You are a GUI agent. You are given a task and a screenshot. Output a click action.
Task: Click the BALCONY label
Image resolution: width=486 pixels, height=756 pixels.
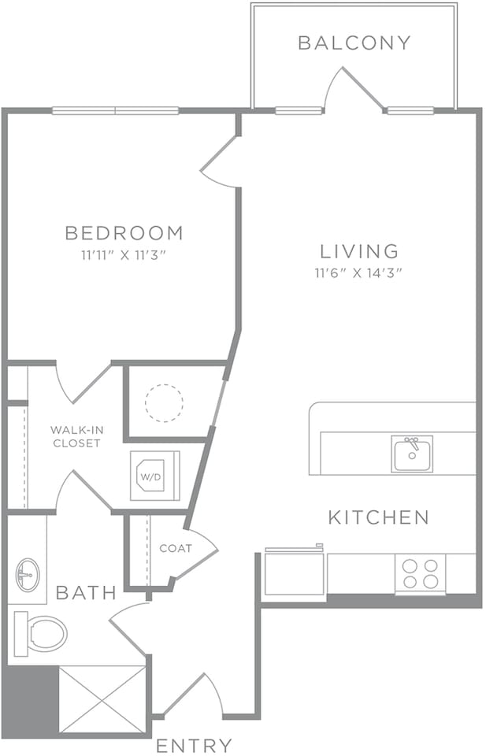point(354,43)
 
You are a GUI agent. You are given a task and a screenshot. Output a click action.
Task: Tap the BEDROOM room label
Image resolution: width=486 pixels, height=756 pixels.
point(124,233)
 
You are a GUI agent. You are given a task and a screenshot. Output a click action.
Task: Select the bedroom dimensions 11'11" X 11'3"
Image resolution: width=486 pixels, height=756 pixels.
point(124,254)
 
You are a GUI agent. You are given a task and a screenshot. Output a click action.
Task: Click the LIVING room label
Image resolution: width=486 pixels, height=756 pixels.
point(359,252)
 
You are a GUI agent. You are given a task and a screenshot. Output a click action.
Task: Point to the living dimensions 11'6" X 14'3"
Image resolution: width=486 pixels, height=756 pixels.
point(359,273)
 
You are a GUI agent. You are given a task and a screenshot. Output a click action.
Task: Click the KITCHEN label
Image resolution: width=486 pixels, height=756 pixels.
point(378,517)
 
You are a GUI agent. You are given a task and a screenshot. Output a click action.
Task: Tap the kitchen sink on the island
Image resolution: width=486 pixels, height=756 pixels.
point(412,454)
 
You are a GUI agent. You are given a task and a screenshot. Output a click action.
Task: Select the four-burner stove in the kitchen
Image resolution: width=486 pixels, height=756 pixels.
point(420,573)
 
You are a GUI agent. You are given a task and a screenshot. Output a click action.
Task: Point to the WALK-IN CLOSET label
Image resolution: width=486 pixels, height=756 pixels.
point(76,436)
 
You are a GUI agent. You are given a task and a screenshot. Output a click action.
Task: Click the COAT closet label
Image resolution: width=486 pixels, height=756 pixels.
point(175,548)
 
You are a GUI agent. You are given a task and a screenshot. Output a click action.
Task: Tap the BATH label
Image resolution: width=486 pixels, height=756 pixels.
point(86,591)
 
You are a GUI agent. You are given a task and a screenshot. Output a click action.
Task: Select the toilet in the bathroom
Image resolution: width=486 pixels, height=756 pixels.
point(41,632)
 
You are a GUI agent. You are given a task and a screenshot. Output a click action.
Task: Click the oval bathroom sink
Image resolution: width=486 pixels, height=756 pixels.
point(27,575)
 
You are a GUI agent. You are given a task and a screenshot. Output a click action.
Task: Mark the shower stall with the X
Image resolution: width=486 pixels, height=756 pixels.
point(103,700)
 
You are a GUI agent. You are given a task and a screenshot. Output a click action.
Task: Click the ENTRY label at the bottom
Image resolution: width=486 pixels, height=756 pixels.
point(194,745)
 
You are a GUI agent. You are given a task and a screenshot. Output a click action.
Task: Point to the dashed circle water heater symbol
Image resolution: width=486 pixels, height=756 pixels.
point(164,403)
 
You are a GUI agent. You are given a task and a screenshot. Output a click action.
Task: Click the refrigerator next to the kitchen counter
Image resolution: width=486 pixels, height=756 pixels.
point(294,573)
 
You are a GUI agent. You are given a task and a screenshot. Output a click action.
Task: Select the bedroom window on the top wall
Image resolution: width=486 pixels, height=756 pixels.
point(116,110)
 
